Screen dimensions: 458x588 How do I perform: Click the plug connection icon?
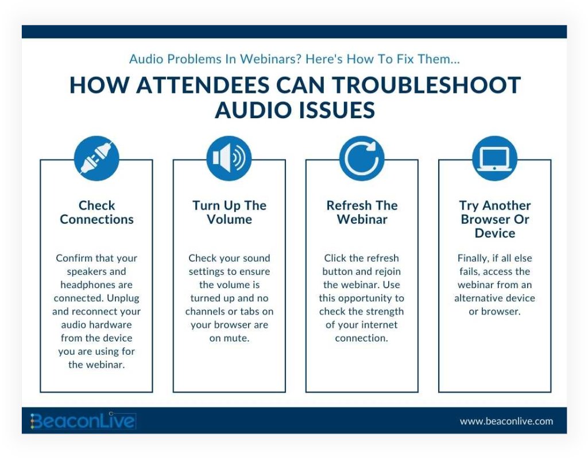point(96,158)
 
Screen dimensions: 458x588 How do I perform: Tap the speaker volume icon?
point(229,158)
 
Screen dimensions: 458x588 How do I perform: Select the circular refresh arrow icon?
point(362,158)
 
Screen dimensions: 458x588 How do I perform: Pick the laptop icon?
point(494,158)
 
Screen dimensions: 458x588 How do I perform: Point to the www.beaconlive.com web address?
point(506,421)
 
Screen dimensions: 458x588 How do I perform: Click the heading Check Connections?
point(96,212)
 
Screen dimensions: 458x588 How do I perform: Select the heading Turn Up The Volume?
point(229,212)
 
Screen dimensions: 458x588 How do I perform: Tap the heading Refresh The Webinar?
point(362,212)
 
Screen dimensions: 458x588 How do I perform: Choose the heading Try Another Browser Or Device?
point(494,219)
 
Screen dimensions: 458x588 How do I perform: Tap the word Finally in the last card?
point(473,258)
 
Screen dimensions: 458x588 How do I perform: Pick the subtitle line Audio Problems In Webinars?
point(294,59)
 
